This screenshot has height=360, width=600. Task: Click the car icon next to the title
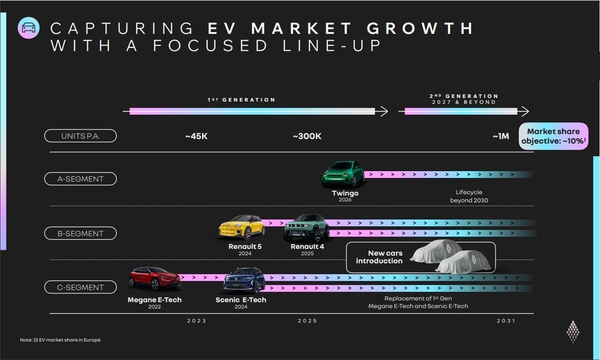pos(28,28)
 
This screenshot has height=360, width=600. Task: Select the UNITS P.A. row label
pos(80,135)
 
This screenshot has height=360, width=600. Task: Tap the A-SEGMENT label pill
pos(80,178)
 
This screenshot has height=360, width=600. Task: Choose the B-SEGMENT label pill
pos(80,233)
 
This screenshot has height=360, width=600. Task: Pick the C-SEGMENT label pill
pos(80,287)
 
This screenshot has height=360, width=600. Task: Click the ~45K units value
pos(196,136)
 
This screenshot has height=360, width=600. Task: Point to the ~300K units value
pos(307,136)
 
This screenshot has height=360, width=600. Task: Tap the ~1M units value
pos(500,136)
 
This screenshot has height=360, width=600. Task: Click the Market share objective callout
pos(553,136)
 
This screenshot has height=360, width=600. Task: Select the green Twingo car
pos(343,174)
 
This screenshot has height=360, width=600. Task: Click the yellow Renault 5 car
pos(242,227)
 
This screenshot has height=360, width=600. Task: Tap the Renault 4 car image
pos(306,228)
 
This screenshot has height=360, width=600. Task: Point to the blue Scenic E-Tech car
pos(244,280)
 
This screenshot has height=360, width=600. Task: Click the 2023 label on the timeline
pos(196,321)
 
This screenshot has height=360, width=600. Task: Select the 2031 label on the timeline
pos(506,321)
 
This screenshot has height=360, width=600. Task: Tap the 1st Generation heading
pos(241,100)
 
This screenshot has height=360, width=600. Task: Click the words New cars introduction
pos(379,257)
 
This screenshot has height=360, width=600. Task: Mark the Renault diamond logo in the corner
pos(573,331)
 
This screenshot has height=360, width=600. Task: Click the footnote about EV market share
pos(60,340)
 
